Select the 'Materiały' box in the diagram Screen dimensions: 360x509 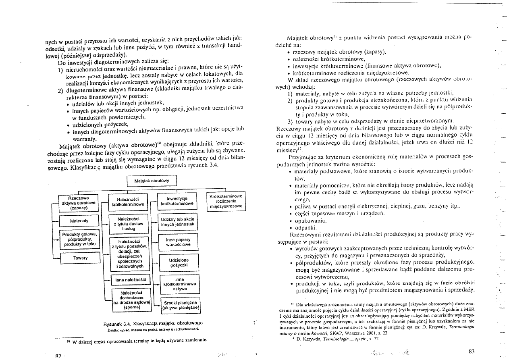click(79, 221)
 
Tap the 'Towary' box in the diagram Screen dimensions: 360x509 click(81, 258)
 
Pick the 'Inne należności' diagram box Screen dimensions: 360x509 click(127, 279)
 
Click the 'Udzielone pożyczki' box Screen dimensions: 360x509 click(179, 263)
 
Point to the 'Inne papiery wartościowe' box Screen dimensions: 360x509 click(178, 242)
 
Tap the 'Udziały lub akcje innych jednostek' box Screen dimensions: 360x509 click(177, 221)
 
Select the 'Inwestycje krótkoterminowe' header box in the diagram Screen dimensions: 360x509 click(177, 201)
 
